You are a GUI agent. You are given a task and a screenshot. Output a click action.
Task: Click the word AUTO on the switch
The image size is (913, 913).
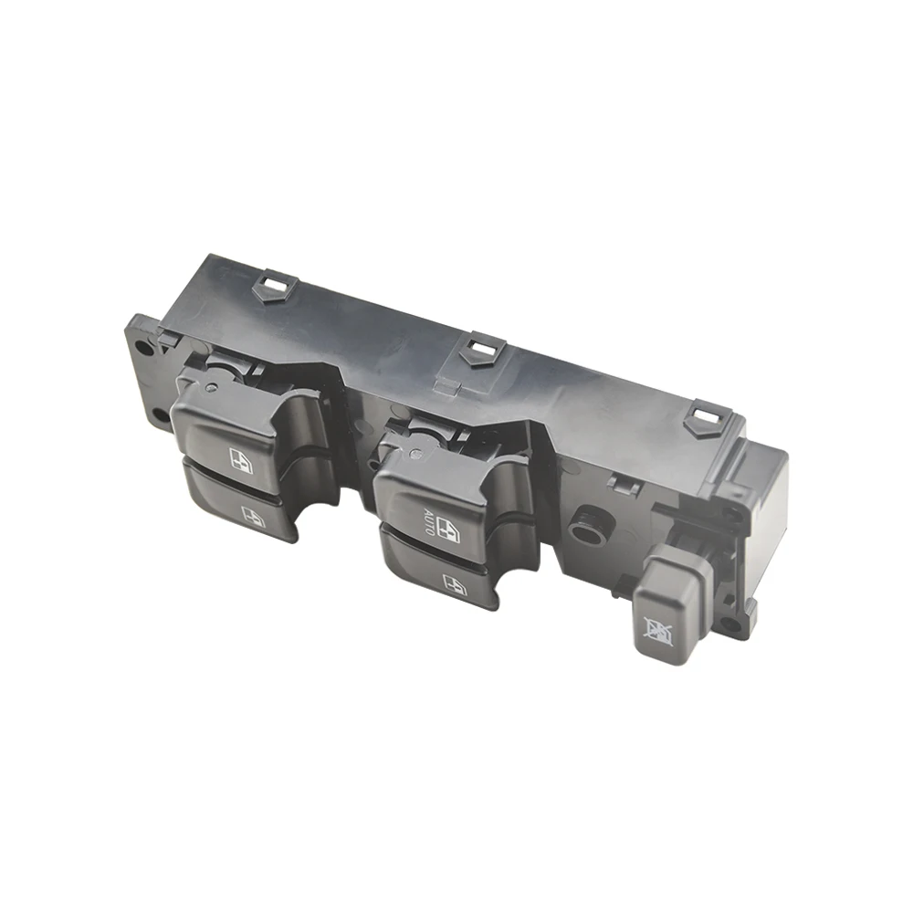pyautogui.click(x=427, y=520)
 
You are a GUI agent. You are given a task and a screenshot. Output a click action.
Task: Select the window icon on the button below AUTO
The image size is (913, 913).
pyautogui.click(x=453, y=581)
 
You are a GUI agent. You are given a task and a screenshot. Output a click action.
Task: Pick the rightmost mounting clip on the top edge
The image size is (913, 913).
pyautogui.click(x=702, y=416)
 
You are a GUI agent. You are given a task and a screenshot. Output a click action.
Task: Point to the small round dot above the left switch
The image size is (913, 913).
pyautogui.click(x=212, y=387)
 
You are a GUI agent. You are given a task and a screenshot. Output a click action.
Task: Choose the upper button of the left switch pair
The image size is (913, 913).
pyautogui.click(x=224, y=434)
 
